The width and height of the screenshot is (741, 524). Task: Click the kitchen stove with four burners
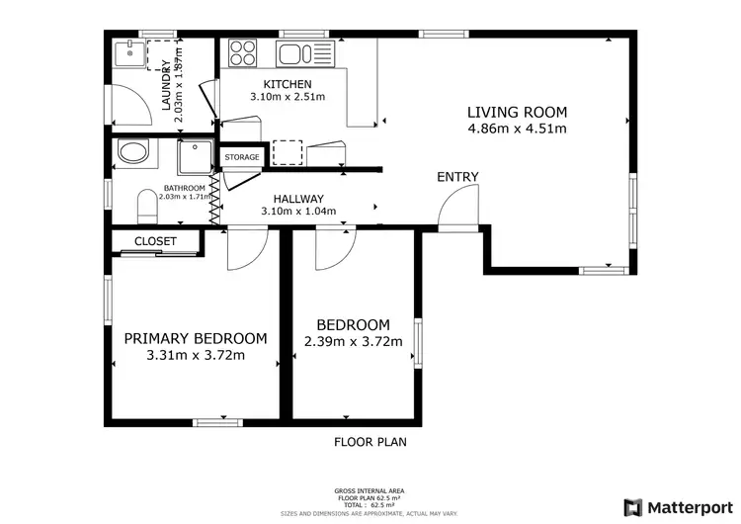[242, 51]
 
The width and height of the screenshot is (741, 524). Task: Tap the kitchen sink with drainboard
[306, 52]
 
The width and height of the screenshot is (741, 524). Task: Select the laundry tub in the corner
[126, 50]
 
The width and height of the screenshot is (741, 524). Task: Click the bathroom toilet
[146, 207]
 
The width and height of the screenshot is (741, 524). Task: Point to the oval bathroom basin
[131, 153]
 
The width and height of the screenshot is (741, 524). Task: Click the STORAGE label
[241, 157]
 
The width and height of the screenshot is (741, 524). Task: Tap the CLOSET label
[155, 241]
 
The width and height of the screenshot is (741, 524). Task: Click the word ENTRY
[457, 177]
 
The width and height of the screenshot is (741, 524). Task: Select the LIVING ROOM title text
[517, 112]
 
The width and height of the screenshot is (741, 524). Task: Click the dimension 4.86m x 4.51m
[517, 129]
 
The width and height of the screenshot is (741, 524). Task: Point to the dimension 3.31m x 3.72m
[195, 356]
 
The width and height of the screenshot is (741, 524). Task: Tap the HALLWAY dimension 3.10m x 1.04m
[298, 211]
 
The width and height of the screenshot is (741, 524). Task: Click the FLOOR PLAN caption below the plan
[370, 442]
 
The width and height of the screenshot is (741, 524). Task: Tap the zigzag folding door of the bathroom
[215, 202]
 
